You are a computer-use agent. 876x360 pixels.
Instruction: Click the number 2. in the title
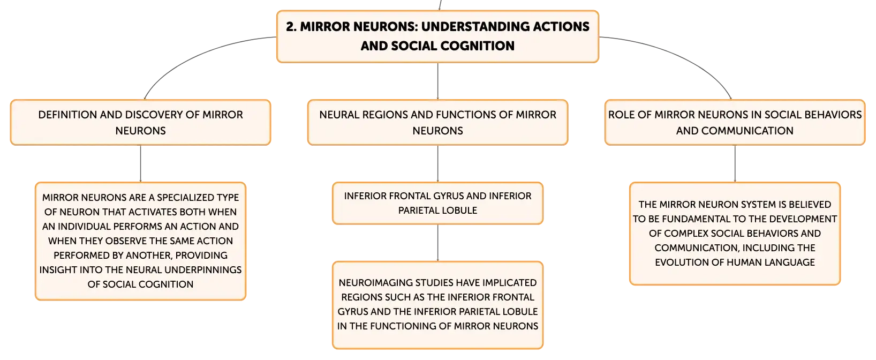(291, 27)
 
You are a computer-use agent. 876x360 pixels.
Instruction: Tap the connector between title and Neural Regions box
(437, 81)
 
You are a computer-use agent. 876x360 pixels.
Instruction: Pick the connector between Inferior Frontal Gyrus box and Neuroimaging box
(437, 243)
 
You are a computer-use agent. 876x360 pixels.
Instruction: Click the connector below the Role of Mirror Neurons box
(735, 163)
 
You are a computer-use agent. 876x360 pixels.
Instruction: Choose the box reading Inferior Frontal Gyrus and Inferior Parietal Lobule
(437, 203)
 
